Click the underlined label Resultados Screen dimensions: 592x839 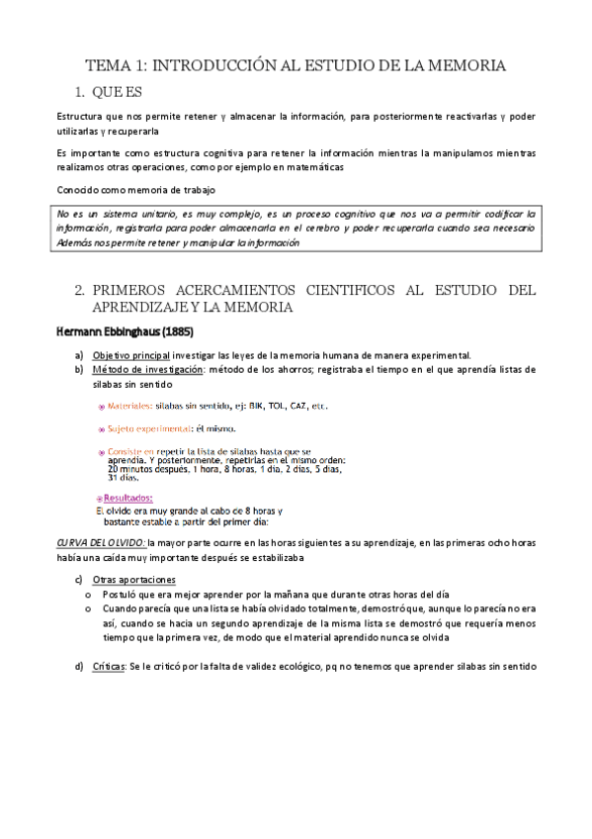pos(131,498)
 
